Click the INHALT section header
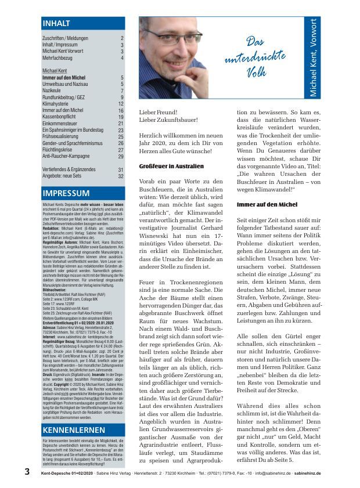[56, 24]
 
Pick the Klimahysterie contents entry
[56, 103]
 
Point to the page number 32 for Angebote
[121, 176]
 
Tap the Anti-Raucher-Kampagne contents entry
[66, 156]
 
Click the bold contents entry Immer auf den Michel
[63, 77]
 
